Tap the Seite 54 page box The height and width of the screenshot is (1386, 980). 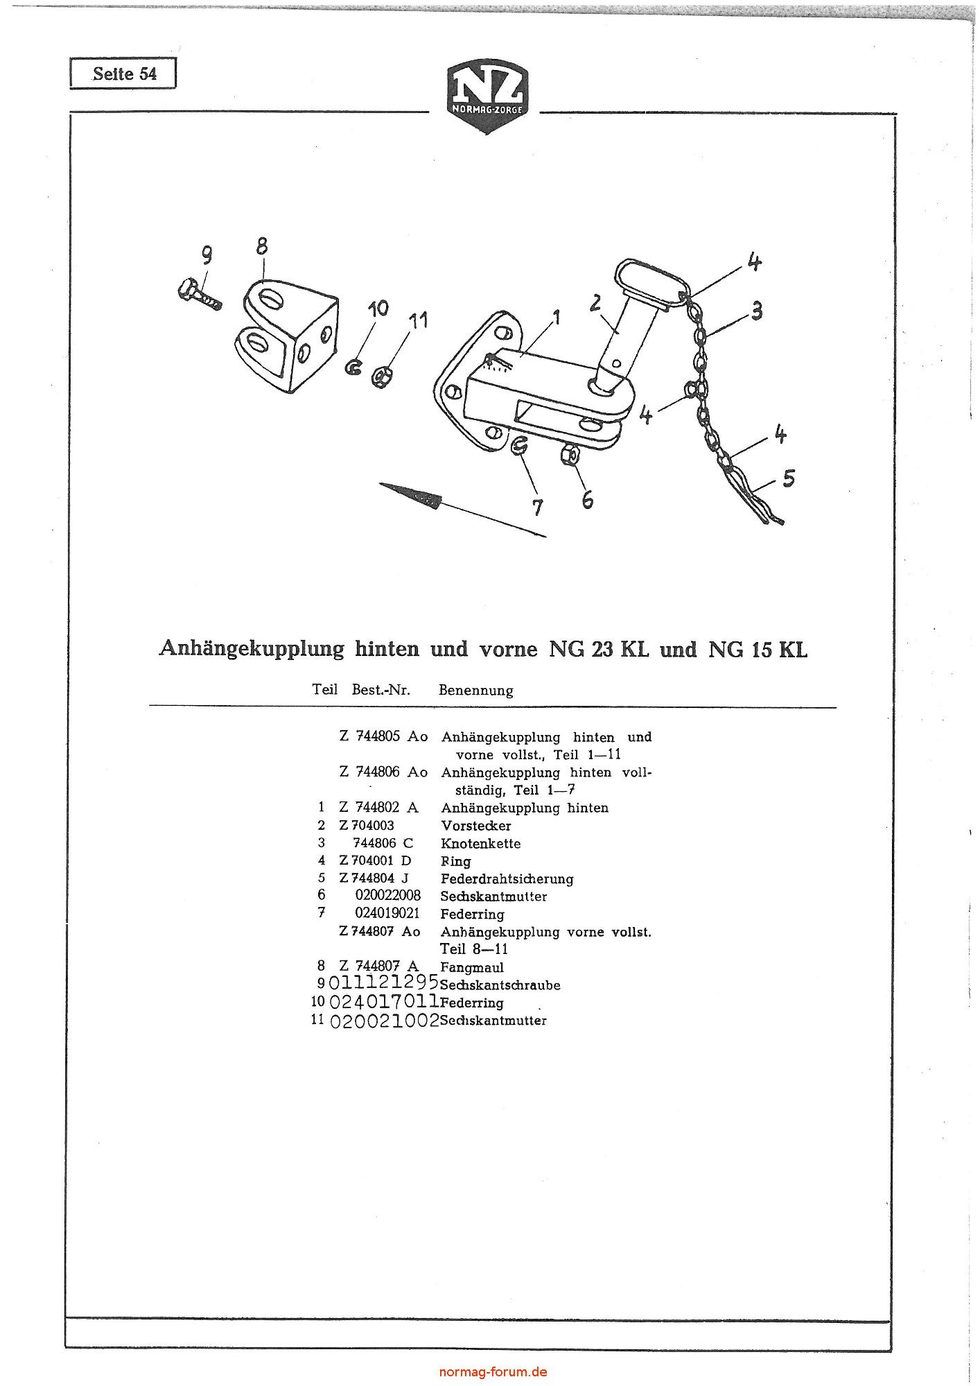click(x=123, y=73)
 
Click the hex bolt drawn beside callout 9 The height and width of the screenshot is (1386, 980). click(x=198, y=294)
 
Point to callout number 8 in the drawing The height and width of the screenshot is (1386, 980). click(x=261, y=246)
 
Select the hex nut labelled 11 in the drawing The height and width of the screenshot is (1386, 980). click(x=379, y=376)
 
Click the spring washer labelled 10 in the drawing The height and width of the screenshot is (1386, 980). click(x=354, y=367)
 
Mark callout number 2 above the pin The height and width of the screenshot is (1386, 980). click(x=595, y=303)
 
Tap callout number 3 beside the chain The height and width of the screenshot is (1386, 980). click(x=757, y=310)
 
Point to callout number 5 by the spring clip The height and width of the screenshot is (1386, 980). click(x=788, y=478)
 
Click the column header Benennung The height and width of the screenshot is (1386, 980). click(x=476, y=691)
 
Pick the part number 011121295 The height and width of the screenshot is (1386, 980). click(x=383, y=982)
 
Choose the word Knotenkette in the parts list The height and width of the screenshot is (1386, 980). click(x=480, y=844)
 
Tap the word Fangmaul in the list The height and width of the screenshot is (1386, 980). click(x=472, y=967)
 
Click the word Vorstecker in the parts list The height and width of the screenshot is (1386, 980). click(x=476, y=826)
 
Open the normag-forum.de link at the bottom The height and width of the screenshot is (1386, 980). click(x=493, y=1371)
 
